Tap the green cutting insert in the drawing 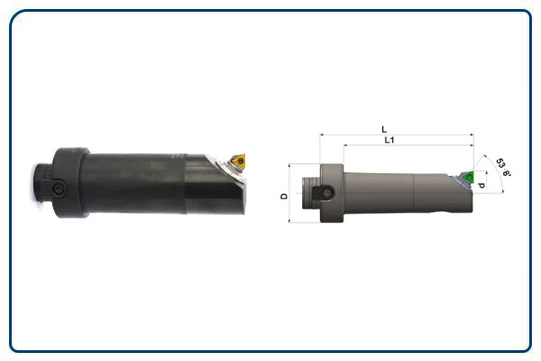click(469, 176)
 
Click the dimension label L click(385, 129)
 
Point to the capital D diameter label click(284, 196)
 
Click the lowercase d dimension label click(485, 185)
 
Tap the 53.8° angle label click(504, 168)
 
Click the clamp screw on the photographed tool click(57, 190)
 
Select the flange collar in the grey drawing click(334, 193)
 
